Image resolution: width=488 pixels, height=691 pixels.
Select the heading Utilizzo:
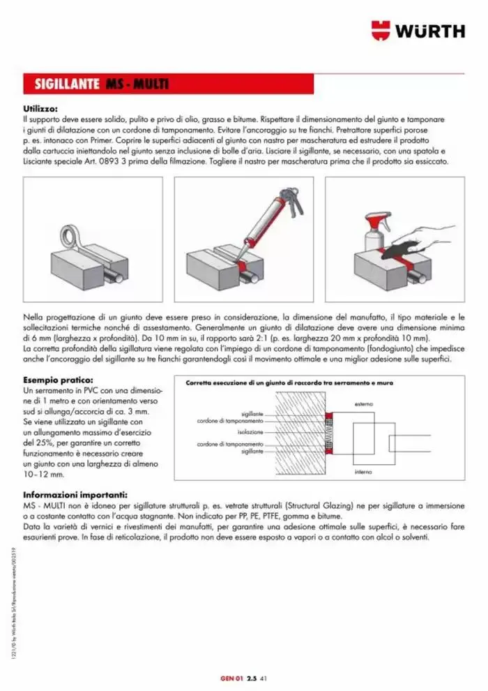pyautogui.click(x=40, y=109)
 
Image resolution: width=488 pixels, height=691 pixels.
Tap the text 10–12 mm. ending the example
pyautogui.click(x=43, y=474)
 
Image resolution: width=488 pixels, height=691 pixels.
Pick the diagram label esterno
pyautogui.click(x=363, y=404)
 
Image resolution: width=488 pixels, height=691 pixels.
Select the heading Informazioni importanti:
pyautogui.click(x=75, y=495)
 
